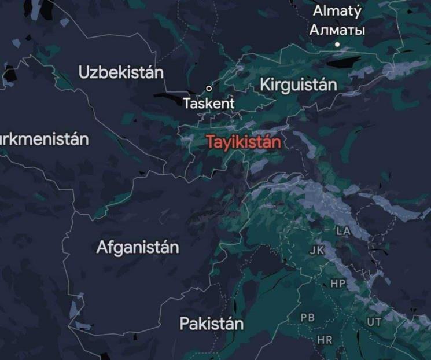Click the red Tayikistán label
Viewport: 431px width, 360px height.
[244, 142]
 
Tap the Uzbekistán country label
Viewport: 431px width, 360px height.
[121, 73]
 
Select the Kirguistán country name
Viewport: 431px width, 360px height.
[298, 85]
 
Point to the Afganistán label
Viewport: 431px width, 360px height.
[138, 248]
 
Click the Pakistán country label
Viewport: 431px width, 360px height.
[211, 324]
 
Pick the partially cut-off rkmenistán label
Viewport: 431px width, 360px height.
[44, 139]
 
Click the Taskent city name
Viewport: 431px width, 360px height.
[209, 104]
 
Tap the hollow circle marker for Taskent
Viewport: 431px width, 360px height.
[209, 89]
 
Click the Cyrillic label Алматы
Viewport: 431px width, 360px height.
[337, 30]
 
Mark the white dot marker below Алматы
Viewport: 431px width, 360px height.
[337, 45]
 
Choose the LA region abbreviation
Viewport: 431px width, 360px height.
[344, 231]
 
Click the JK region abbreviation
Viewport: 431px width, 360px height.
[316, 251]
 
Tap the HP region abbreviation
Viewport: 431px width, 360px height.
[338, 284]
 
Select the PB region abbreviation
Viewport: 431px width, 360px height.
[308, 318]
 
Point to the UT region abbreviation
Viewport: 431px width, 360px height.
[374, 322]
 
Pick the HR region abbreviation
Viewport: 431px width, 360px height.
[325, 340]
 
